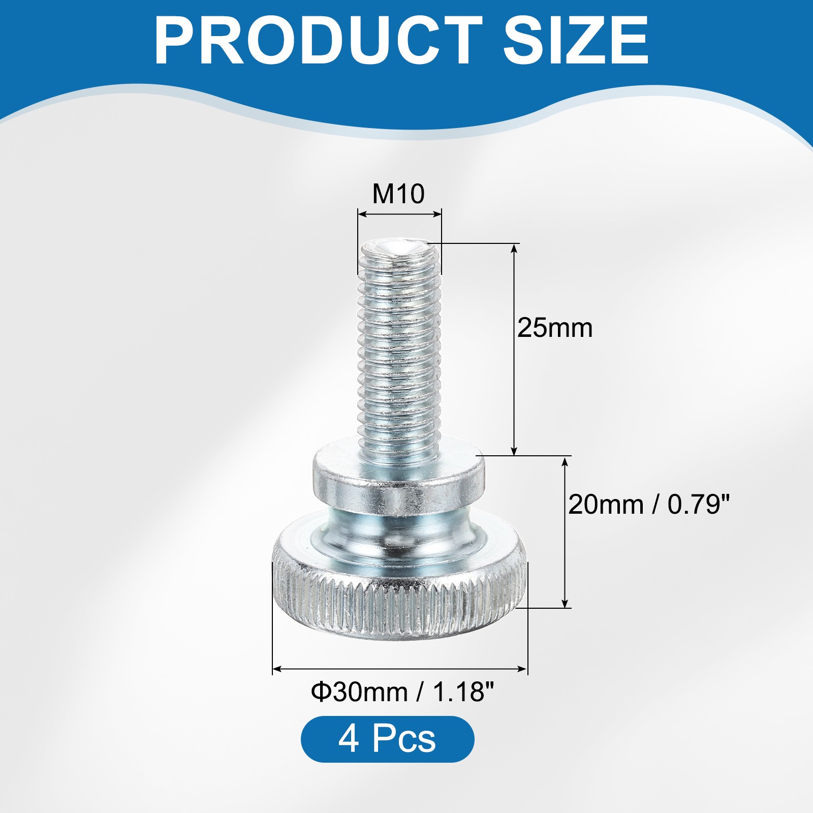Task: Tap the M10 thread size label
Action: tap(398, 194)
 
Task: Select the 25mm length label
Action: tap(555, 328)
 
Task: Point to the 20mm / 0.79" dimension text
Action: tap(649, 505)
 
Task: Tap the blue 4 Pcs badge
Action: tap(387, 739)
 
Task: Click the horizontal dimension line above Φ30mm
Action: tap(400, 669)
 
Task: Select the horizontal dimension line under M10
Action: tap(399, 214)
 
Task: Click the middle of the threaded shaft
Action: tap(399, 351)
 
